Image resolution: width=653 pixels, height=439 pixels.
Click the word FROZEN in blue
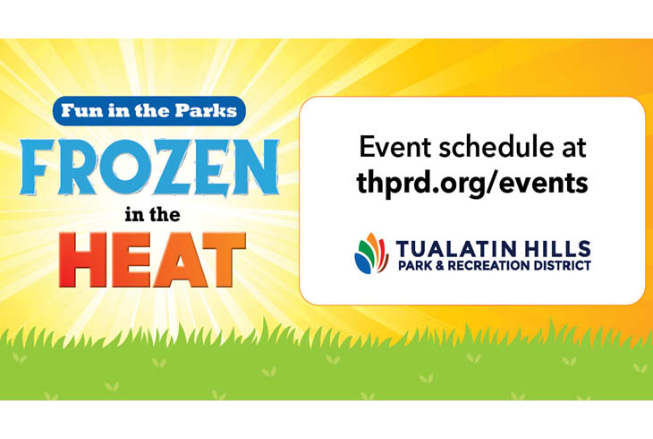[x=148, y=168]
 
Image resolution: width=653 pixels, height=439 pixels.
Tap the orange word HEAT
[x=152, y=260]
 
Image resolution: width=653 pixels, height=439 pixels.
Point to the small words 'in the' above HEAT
[x=152, y=214]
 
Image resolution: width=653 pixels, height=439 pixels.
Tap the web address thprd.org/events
[x=472, y=183]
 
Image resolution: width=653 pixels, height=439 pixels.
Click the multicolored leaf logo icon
[x=371, y=254]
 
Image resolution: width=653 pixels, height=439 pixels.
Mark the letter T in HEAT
[x=224, y=260]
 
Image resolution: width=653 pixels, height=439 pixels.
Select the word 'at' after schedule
[x=574, y=148]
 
